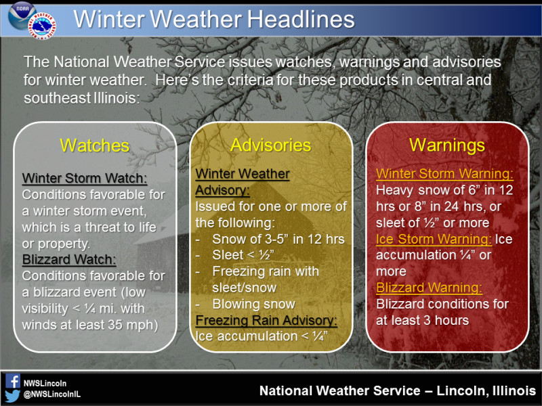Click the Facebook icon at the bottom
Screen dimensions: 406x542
pyautogui.click(x=12, y=382)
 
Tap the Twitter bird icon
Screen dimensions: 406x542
pyautogui.click(x=12, y=396)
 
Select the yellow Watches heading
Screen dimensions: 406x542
pyautogui.click(x=95, y=145)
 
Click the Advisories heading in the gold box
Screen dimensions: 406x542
pyautogui.click(x=270, y=145)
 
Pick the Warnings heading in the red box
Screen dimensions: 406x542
pyautogui.click(x=446, y=145)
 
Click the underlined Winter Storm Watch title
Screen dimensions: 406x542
pyautogui.click(x=84, y=179)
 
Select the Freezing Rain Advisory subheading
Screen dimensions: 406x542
pyautogui.click(x=266, y=320)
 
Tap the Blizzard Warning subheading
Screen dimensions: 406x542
pyautogui.click(x=429, y=288)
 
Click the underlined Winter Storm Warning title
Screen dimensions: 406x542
pyautogui.click(x=444, y=174)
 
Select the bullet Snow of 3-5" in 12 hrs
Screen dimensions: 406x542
pyautogui.click(x=278, y=239)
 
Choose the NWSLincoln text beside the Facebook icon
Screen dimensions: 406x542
pyautogui.click(x=45, y=382)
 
